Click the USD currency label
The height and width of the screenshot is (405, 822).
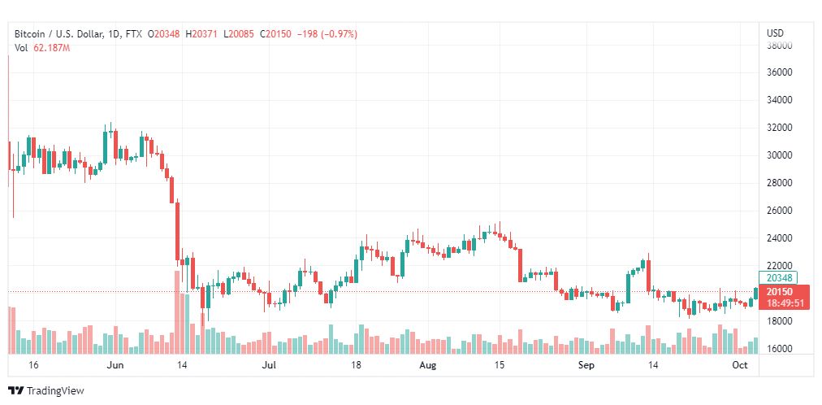click(775, 33)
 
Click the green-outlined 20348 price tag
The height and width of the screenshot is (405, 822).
click(779, 277)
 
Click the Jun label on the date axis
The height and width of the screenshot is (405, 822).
click(115, 366)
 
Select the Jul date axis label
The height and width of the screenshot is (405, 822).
click(270, 366)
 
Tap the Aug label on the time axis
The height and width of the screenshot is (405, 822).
click(428, 366)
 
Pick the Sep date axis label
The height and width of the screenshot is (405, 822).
click(586, 366)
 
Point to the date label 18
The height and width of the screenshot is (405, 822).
click(356, 366)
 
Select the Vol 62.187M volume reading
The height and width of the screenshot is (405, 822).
click(42, 48)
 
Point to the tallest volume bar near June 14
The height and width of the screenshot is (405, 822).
click(177, 312)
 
